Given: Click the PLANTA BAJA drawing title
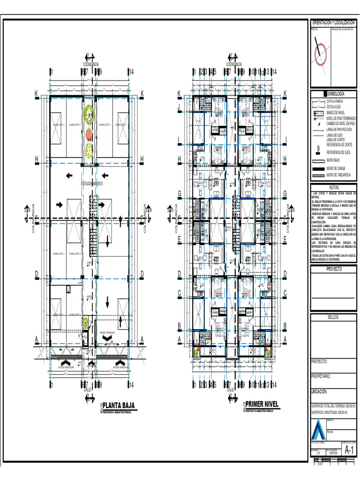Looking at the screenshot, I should click(x=119, y=405).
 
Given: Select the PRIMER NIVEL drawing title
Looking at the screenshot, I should click(x=262, y=404).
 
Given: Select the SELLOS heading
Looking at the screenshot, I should click(x=333, y=317).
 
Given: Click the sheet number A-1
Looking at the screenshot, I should click(x=348, y=450).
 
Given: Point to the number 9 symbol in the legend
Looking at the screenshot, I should click(x=319, y=149).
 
